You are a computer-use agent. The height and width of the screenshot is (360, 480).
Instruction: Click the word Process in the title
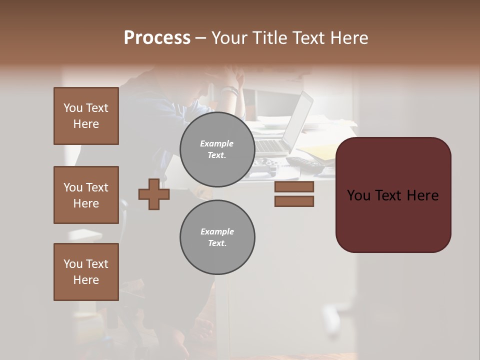[157, 38]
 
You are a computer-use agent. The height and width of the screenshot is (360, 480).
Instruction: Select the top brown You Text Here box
[86, 116]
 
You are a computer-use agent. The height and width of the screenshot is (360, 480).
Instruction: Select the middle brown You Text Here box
[86, 195]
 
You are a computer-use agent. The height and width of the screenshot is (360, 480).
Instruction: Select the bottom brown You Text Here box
[86, 272]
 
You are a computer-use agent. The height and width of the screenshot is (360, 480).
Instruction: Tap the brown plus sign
[154, 194]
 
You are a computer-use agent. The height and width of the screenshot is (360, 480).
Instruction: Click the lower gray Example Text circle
[217, 237]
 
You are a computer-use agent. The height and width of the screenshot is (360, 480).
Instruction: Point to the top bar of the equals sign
[294, 187]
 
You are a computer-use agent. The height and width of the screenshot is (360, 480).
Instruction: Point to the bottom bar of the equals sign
[294, 201]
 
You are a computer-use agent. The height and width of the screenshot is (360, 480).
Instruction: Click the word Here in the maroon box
[422, 195]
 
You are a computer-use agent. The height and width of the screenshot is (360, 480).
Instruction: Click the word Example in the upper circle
[216, 143]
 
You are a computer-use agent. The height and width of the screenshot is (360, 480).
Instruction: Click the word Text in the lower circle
[217, 243]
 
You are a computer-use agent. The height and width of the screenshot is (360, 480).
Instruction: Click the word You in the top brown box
[73, 108]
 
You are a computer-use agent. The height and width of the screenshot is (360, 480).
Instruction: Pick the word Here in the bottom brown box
[86, 280]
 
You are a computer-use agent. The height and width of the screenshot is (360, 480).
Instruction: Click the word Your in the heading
[228, 38]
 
